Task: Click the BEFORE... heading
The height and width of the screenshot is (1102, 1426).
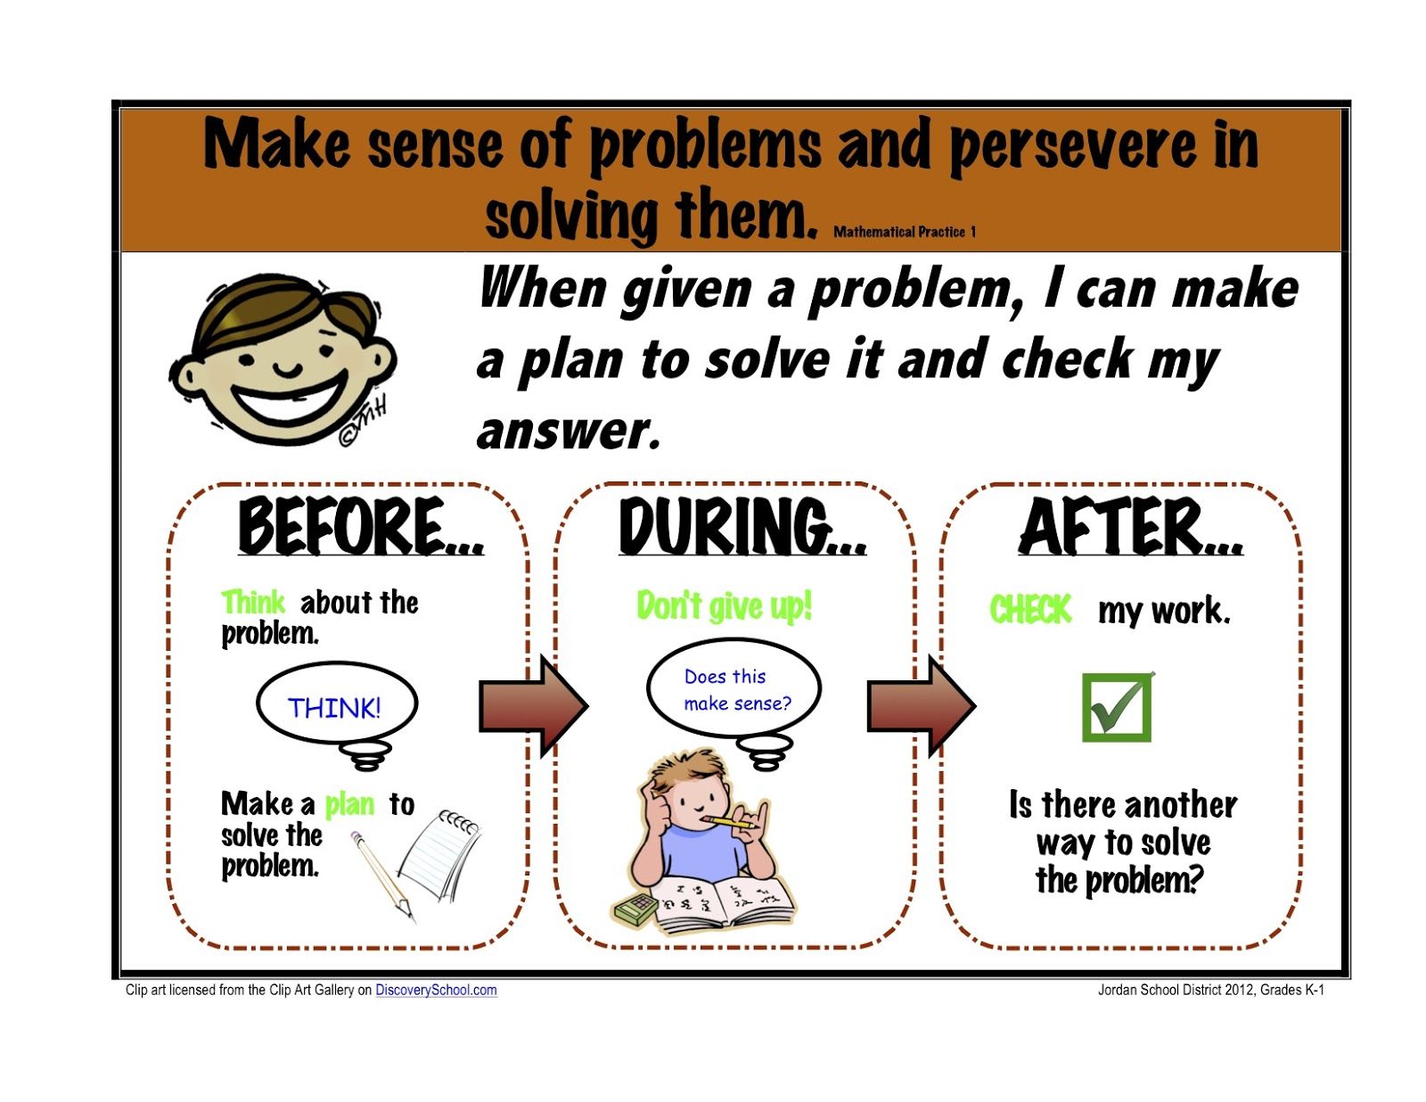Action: point(360,526)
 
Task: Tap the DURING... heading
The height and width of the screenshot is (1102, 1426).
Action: point(742,526)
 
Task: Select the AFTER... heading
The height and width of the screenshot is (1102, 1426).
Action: point(1130,526)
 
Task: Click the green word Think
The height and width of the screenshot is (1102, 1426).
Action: point(253,602)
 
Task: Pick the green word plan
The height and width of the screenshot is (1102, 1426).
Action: point(349,805)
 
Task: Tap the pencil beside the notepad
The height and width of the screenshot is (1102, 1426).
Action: point(382,876)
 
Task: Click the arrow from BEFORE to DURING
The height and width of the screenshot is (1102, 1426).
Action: point(533,705)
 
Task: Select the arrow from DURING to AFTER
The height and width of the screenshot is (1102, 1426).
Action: point(921,705)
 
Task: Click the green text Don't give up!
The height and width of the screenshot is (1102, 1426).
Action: point(724,605)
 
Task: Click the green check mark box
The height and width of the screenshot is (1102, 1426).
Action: point(1117,706)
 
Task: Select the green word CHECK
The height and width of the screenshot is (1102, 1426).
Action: point(1030,608)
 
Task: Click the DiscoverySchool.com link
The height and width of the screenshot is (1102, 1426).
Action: point(436,990)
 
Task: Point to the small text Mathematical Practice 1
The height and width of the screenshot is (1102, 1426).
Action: point(905,232)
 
